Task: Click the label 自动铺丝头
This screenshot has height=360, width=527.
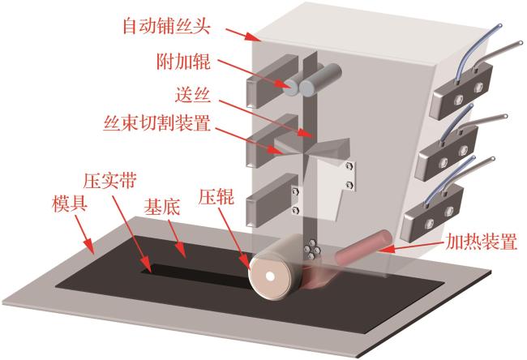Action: [x=167, y=26]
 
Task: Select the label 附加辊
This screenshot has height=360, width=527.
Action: [x=183, y=62]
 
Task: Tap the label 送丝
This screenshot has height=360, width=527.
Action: [x=193, y=94]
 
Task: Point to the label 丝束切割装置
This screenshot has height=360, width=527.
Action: [x=157, y=123]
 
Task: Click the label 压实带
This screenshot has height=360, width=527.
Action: [x=110, y=181]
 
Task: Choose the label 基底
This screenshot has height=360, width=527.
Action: [x=162, y=208]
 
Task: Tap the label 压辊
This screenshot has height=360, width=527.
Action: [x=216, y=196]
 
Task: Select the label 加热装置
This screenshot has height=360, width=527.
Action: [x=481, y=242]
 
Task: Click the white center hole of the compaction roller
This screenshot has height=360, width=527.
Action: [x=269, y=276]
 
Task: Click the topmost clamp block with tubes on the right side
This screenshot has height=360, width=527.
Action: [x=461, y=91]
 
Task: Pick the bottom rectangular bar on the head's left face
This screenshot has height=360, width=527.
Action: [x=272, y=200]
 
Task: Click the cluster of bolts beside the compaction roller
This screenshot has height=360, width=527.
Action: [x=311, y=250]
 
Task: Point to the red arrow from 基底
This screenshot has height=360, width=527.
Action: [x=176, y=238]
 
